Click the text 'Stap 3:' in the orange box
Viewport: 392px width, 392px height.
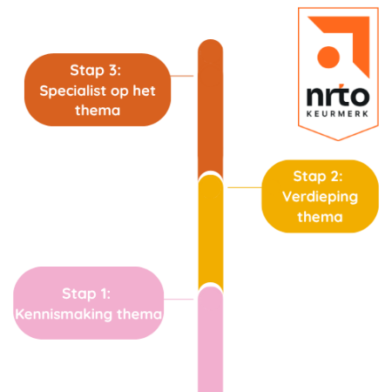pyautogui.click(x=95, y=69)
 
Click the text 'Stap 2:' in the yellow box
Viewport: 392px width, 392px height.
pyautogui.click(x=320, y=175)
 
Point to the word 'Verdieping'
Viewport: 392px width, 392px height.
pyautogui.click(x=320, y=196)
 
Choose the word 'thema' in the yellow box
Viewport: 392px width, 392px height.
pyautogui.click(x=320, y=216)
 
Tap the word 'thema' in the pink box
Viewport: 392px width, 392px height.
pyautogui.click(x=139, y=314)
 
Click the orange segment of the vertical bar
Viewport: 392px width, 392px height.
pyautogui.click(x=210, y=113)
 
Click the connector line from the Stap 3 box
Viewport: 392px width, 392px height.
pyautogui.click(x=183, y=77)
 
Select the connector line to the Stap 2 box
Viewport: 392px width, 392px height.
pyautogui.click(x=244, y=186)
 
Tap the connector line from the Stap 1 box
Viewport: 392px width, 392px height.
pyautogui.click(x=180, y=299)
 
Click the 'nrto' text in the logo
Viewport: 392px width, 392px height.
pyautogui.click(x=337, y=93)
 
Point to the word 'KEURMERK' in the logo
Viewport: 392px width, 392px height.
pyautogui.click(x=337, y=113)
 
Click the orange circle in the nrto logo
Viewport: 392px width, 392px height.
pyautogui.click(x=328, y=56)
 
